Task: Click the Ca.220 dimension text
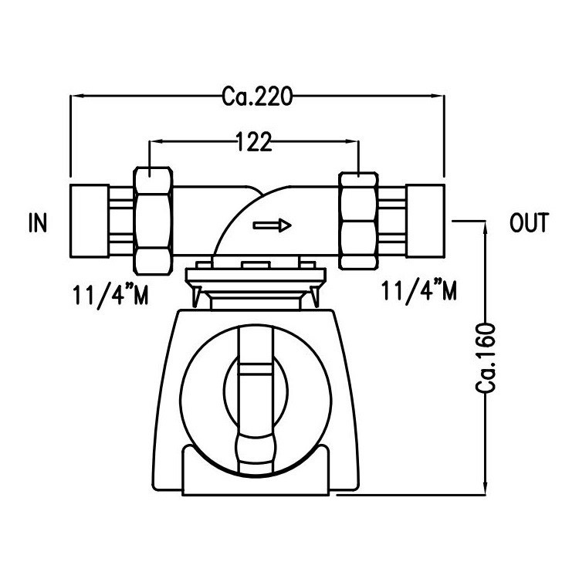tap(256, 96)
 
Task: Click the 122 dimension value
tap(254, 141)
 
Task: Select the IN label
tap(37, 224)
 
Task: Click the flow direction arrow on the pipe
tap(273, 225)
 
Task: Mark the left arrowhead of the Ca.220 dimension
tap(76, 96)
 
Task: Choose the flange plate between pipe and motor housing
tap(254, 275)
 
